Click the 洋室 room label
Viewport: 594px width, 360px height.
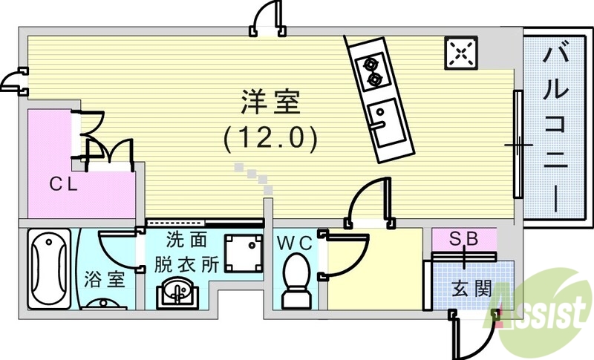click(x=270, y=102)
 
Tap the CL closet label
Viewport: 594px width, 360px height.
click(x=65, y=184)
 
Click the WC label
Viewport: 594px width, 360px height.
click(x=296, y=243)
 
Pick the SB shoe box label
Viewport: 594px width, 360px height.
click(x=465, y=240)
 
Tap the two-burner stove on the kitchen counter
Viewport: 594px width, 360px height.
click(x=371, y=70)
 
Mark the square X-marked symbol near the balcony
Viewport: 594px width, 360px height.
click(x=461, y=52)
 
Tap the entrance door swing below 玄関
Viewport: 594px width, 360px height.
click(x=468, y=330)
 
